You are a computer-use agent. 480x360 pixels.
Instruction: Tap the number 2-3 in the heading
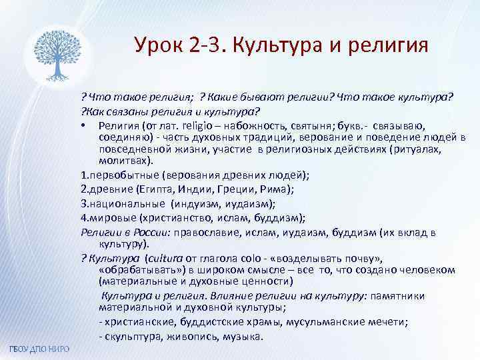[202, 47]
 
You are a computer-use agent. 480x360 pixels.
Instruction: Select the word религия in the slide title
[389, 47]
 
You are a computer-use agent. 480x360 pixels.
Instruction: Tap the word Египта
[158, 189]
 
